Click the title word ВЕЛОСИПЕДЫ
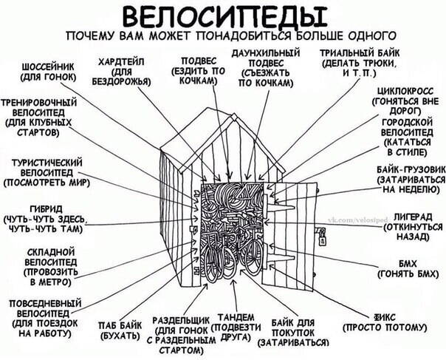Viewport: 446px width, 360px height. [224, 16]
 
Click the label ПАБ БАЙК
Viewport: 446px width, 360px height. [120, 326]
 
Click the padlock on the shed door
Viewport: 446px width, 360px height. [322, 238]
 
